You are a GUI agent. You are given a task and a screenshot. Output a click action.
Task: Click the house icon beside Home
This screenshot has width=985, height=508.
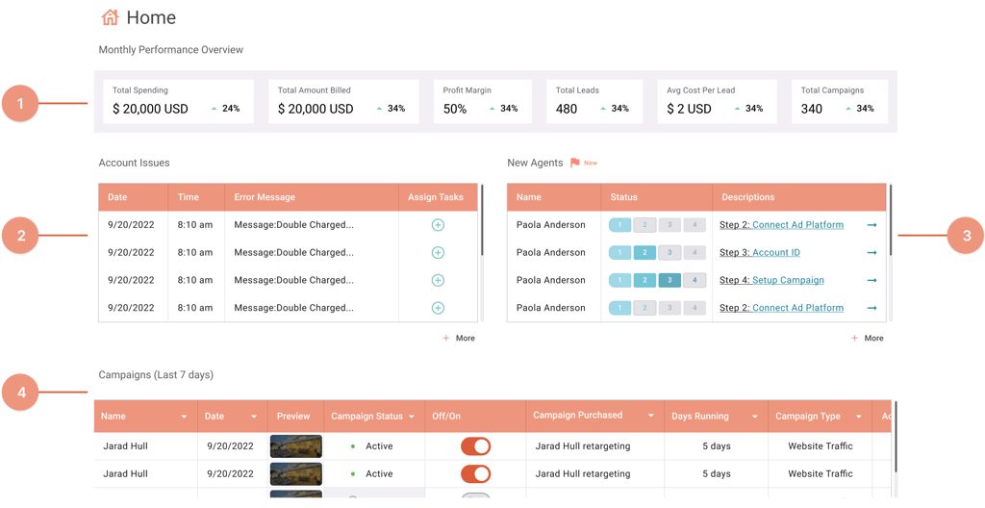click(110, 17)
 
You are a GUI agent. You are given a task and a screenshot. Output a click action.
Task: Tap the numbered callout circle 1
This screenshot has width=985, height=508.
click(19, 103)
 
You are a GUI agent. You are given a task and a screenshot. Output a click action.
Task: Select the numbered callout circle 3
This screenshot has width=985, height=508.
click(965, 236)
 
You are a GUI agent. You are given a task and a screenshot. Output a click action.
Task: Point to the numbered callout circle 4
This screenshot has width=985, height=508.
click(19, 393)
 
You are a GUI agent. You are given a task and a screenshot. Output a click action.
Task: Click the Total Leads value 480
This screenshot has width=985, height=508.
click(567, 109)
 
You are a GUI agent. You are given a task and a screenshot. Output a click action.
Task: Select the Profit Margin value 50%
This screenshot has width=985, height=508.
click(455, 109)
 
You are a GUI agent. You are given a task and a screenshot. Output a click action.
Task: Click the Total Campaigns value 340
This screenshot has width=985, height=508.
click(812, 109)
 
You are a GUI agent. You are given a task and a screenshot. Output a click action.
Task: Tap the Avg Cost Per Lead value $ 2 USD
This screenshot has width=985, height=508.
click(689, 109)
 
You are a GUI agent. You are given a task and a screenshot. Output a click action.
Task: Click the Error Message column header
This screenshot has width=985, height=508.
click(265, 197)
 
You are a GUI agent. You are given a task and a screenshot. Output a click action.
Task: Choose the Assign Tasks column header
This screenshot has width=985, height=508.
click(436, 197)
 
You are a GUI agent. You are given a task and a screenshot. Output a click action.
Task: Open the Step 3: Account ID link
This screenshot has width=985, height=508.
click(760, 253)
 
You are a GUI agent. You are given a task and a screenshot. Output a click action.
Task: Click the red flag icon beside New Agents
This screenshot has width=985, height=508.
click(575, 163)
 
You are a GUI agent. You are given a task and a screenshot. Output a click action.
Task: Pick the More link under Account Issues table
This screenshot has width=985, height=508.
click(460, 339)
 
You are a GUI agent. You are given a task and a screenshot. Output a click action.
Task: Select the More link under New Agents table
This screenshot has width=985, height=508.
click(868, 339)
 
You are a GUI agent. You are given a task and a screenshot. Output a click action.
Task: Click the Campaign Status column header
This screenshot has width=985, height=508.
click(367, 417)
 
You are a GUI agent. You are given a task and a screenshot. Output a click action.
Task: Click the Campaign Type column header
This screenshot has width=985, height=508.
click(808, 417)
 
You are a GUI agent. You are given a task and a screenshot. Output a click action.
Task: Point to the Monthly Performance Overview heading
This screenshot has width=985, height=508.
click(171, 50)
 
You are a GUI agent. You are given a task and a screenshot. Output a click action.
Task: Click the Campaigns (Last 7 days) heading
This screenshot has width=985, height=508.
click(156, 374)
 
